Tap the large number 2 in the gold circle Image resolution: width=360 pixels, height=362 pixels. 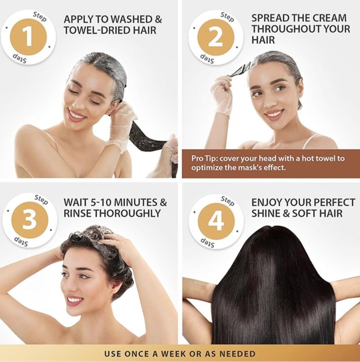216,37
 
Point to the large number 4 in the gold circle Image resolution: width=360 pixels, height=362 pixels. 216,220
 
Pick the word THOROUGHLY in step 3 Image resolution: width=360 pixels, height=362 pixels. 119,213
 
